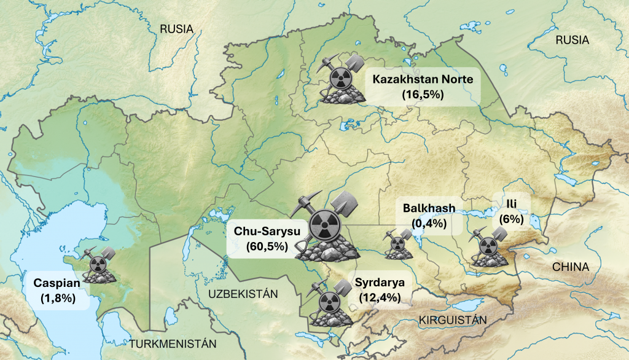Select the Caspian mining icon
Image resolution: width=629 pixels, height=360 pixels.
[x=99, y=265]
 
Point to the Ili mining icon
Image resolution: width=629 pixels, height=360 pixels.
[x=489, y=247]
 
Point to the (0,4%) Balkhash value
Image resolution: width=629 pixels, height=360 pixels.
[x=429, y=223]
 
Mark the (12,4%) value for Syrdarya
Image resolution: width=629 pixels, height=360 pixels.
[x=380, y=298]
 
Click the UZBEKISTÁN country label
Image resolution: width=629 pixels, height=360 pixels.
[x=243, y=294]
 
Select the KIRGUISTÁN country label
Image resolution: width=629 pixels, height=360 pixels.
[x=452, y=320]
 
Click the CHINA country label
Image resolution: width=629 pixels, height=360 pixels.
[x=570, y=267]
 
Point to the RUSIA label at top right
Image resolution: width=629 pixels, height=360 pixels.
[x=572, y=41]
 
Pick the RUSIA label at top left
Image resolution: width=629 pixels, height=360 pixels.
[x=176, y=29]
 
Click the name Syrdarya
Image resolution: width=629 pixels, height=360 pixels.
[x=380, y=284]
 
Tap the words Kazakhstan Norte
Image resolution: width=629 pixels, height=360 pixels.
[x=422, y=79]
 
